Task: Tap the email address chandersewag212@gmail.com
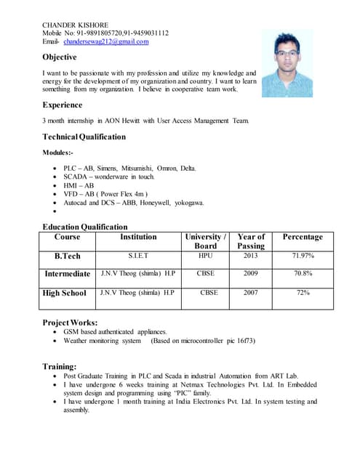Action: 105,41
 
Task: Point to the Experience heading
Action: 63,105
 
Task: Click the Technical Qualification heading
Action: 84,137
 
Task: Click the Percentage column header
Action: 303,237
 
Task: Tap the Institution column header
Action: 138,237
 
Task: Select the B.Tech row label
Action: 68,256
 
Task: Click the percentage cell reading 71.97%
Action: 303,256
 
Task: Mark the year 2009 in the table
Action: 251,274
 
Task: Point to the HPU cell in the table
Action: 206,256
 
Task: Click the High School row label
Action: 65,293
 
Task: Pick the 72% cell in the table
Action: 303,293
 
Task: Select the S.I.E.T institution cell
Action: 138,256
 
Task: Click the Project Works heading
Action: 70,322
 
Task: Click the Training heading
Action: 60,367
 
